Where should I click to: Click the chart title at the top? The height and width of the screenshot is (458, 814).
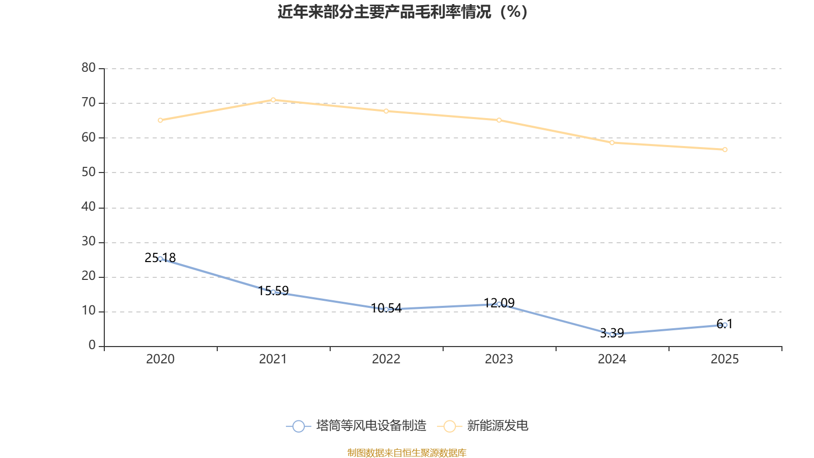[x=402, y=12]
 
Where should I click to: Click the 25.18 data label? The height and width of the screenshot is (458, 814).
[x=160, y=257]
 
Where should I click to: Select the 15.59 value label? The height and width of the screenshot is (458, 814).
[x=273, y=291]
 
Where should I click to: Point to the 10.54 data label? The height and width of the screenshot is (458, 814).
[x=386, y=308]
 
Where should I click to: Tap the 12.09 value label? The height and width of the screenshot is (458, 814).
[x=499, y=303]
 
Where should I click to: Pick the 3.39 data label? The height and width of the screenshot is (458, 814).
[x=612, y=333]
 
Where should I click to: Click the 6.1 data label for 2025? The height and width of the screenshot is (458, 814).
[x=724, y=324]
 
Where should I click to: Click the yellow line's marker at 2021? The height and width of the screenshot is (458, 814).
[x=273, y=100]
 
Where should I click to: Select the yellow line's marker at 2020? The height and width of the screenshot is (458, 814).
[x=160, y=120]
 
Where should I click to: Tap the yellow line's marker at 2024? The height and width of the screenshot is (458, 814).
[x=612, y=143]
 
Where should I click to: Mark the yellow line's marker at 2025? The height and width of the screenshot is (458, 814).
[x=725, y=150]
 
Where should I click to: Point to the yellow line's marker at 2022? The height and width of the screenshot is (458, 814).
[x=386, y=111]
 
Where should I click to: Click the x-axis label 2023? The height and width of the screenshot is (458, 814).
[x=499, y=359]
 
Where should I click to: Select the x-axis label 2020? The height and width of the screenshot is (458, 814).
[x=160, y=359]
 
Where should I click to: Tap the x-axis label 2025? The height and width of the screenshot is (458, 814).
[x=724, y=359]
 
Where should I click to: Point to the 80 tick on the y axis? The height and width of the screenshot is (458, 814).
[x=89, y=68]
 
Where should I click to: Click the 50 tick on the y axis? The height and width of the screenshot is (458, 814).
[x=89, y=173]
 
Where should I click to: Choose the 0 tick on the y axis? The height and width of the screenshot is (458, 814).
[x=92, y=346]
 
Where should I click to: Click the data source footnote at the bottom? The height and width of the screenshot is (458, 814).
[x=406, y=453]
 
